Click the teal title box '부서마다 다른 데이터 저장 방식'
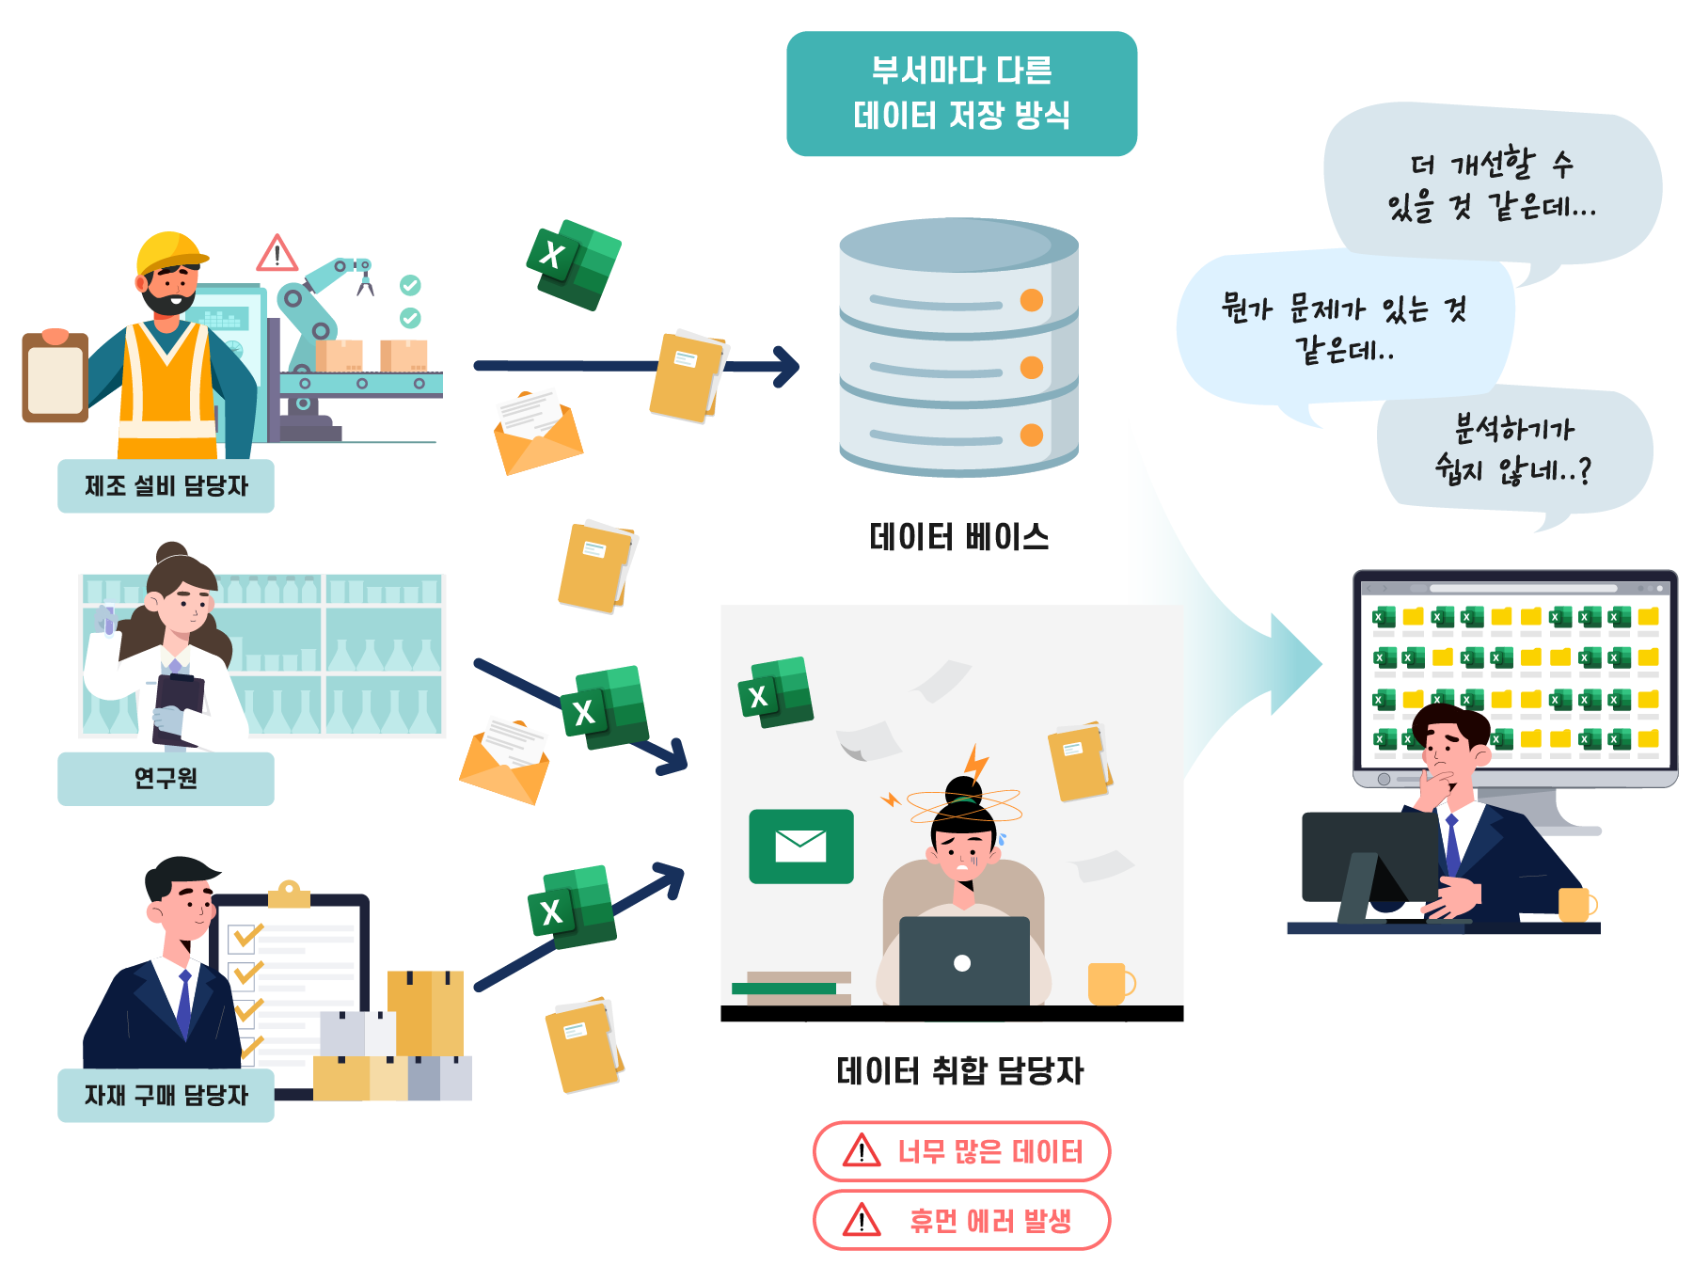pyautogui.click(x=961, y=93)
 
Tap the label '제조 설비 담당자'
pyautogui.click(x=166, y=485)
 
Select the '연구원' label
pyautogui.click(x=166, y=779)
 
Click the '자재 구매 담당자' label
pyautogui.click(x=166, y=1095)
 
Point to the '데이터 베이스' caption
pyautogui.click(x=959, y=537)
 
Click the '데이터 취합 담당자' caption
pyautogui.click(x=960, y=1070)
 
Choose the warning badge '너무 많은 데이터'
pyautogui.click(x=961, y=1150)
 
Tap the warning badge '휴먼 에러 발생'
pyautogui.click(x=961, y=1220)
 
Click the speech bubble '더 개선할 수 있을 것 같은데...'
pyautogui.click(x=1493, y=182)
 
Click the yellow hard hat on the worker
pyautogui.click(x=170, y=251)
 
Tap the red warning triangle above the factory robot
pyautogui.click(x=277, y=253)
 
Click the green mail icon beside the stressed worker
pyautogui.click(x=801, y=847)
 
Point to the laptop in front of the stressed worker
pyautogui.click(x=964, y=961)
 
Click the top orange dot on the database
pyautogui.click(x=1032, y=300)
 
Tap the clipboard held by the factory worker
pyautogui.click(x=55, y=377)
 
